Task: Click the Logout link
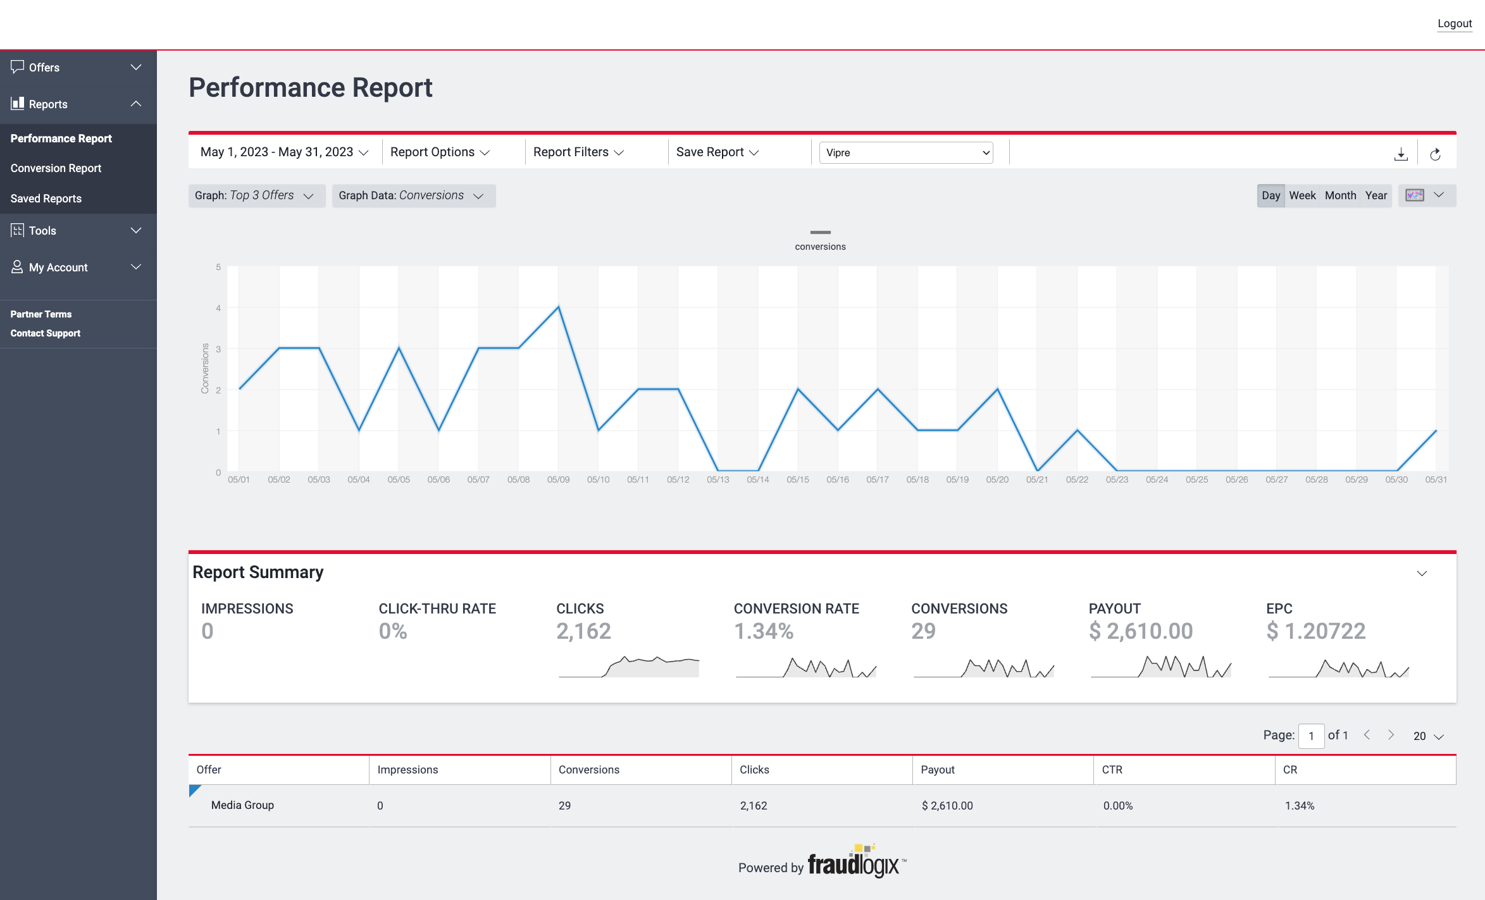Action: (1454, 23)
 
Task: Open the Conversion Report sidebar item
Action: (56, 168)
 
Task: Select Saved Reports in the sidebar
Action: (46, 199)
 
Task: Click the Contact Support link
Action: (45, 333)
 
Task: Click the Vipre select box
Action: (905, 152)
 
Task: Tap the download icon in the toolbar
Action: (1401, 154)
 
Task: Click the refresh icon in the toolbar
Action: (1435, 154)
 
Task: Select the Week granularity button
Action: (1302, 195)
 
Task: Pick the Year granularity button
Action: (1376, 195)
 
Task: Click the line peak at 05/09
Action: (558, 307)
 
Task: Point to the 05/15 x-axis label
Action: (797, 480)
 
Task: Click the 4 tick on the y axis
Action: (218, 308)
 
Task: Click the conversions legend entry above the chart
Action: (820, 241)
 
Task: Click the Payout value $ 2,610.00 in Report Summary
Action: (1140, 631)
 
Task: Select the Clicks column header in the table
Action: (754, 770)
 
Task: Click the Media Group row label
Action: (242, 805)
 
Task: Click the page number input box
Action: (1311, 736)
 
